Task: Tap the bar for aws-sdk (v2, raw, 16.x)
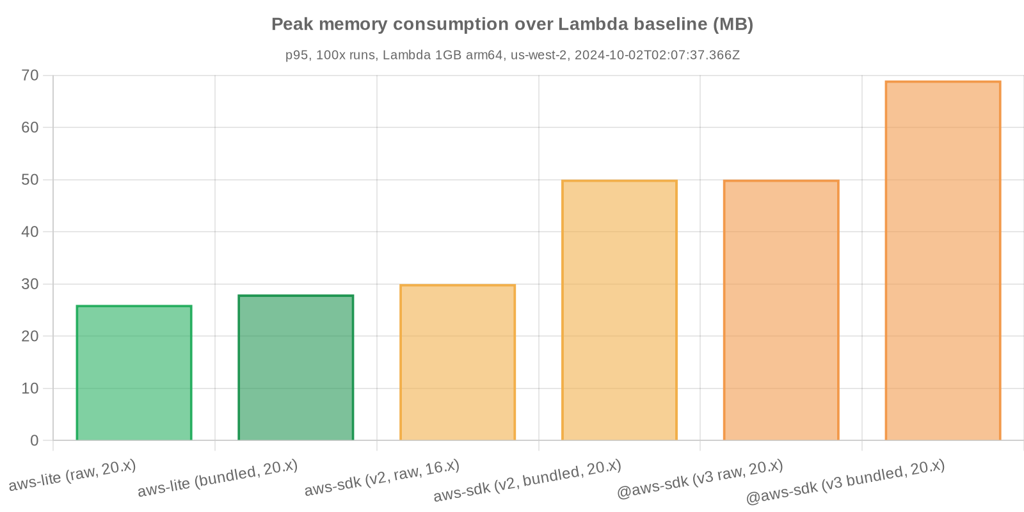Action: coord(458,363)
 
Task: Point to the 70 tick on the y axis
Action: coord(30,76)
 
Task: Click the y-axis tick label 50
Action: coord(30,180)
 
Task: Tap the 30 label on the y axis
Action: coord(30,284)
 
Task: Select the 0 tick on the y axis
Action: coord(34,440)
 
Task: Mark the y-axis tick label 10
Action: coord(30,388)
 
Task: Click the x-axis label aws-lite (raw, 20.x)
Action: coord(72,476)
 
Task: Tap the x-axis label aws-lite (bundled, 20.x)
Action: coord(218,479)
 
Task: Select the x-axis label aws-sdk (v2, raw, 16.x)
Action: coord(382,479)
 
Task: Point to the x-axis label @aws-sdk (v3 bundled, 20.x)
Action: coord(845,483)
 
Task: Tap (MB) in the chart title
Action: coord(732,24)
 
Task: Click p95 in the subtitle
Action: coord(297,55)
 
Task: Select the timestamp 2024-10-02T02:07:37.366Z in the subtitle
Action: coord(657,55)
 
